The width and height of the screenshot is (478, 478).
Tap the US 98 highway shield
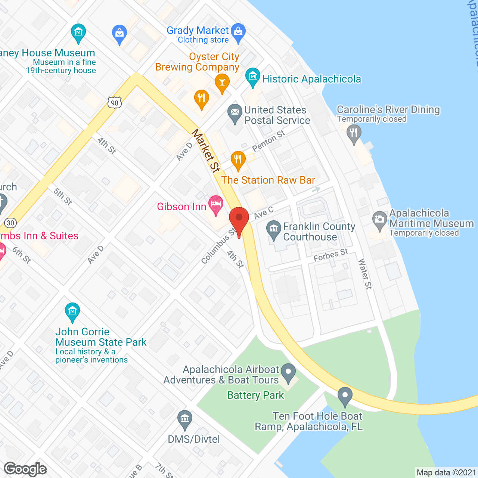(x=115, y=103)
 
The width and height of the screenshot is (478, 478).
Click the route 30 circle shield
(x=10, y=223)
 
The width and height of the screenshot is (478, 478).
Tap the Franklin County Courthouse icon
(x=274, y=229)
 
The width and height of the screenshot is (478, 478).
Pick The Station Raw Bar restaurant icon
(x=238, y=159)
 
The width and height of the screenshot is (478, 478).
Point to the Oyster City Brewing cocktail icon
(x=222, y=82)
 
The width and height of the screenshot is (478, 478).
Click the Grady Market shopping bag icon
(x=238, y=32)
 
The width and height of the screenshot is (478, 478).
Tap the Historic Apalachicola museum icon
(x=253, y=77)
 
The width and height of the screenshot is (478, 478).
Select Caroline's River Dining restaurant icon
(x=354, y=133)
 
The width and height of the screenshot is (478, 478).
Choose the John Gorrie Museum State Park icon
(x=72, y=311)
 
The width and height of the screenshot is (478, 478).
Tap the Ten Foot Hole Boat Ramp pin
(x=345, y=395)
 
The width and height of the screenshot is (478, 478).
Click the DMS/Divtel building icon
(x=184, y=419)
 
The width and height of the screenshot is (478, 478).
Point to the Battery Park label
(x=255, y=395)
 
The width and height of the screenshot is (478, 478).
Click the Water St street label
(x=365, y=274)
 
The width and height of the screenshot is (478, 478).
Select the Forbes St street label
(x=330, y=255)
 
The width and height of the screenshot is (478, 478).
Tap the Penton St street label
(x=269, y=140)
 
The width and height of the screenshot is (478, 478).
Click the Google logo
(x=25, y=469)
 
